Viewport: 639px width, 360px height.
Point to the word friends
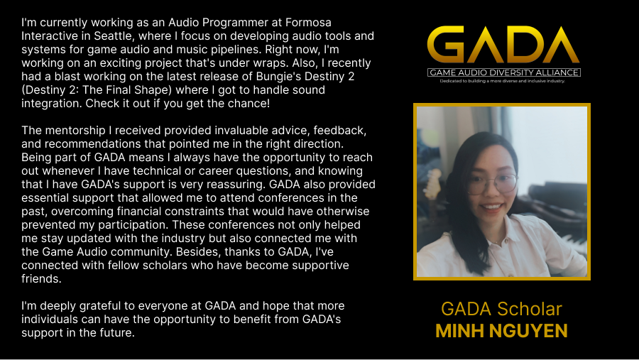pyautogui.click(x=42, y=278)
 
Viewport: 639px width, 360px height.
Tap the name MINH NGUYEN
pyautogui.click(x=501, y=330)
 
